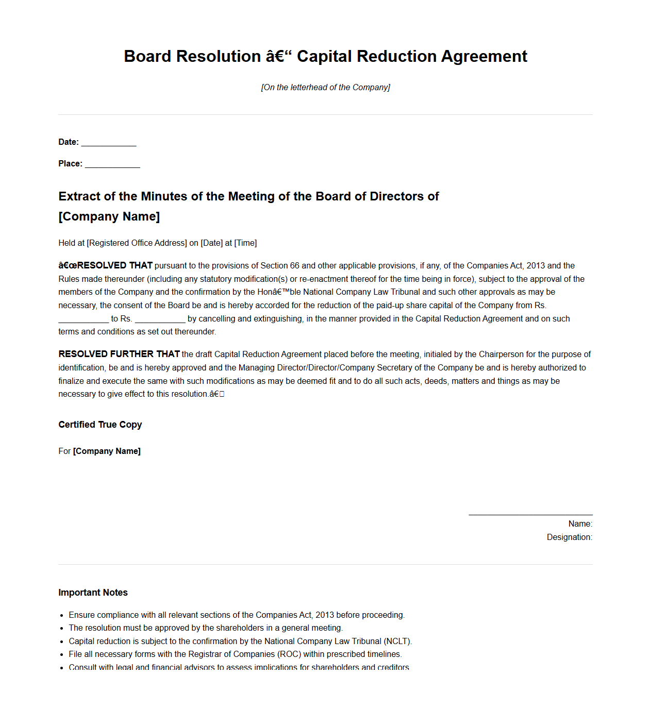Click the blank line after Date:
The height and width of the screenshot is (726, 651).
(109, 143)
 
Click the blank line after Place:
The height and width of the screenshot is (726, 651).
(112, 165)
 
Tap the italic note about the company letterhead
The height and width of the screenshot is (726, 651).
(325, 88)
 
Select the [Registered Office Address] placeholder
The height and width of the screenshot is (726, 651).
(137, 243)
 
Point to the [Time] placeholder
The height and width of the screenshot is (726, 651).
(245, 243)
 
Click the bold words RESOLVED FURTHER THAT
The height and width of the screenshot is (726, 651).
(119, 354)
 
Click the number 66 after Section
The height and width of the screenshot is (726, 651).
(294, 266)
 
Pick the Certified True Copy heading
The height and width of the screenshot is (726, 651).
(100, 425)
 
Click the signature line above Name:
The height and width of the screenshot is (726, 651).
(530, 514)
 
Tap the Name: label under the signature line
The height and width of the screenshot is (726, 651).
(580, 524)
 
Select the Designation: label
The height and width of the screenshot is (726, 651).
(569, 537)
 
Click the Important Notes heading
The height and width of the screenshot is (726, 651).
(93, 593)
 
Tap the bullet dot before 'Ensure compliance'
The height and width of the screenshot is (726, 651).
(61, 615)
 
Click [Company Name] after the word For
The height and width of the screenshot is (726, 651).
(107, 451)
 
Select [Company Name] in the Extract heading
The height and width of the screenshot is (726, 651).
(109, 216)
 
